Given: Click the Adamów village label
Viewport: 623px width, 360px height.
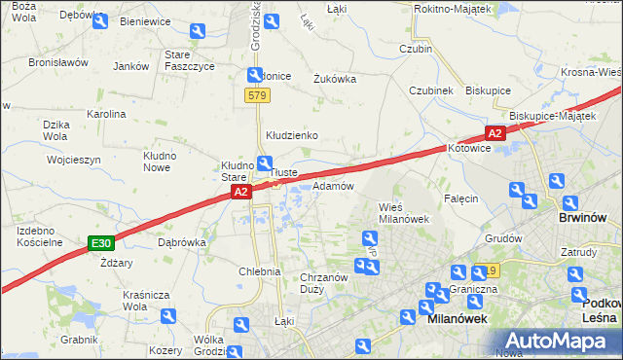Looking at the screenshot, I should [x=333, y=186].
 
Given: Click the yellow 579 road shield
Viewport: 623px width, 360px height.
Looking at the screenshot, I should [x=257, y=95].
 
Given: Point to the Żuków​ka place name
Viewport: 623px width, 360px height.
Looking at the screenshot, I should [x=335, y=80].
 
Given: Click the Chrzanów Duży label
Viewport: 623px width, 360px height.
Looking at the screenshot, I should [x=324, y=283].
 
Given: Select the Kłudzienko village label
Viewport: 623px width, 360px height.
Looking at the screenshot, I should [x=293, y=135].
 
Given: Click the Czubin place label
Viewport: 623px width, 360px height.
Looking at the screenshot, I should [x=416, y=48].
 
